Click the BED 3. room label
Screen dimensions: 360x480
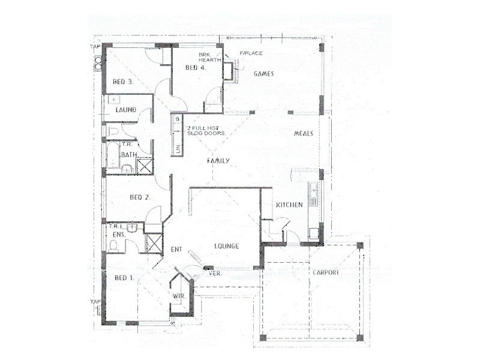(x=122, y=81)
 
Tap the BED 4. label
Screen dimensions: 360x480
(x=196, y=68)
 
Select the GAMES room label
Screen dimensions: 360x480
(x=263, y=74)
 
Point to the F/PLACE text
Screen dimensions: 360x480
(x=251, y=53)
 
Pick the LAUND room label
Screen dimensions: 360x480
(x=125, y=110)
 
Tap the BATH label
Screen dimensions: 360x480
(x=128, y=155)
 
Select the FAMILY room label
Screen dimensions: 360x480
(x=219, y=161)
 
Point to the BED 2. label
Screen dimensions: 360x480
(x=140, y=197)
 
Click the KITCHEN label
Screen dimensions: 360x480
(x=289, y=205)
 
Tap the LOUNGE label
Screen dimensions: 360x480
(x=227, y=246)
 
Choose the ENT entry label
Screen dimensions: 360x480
(x=176, y=249)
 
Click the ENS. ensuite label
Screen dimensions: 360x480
(x=118, y=235)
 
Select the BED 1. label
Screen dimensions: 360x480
(x=124, y=278)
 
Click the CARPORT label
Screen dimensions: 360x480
(x=325, y=272)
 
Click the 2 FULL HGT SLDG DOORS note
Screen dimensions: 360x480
(x=206, y=131)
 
